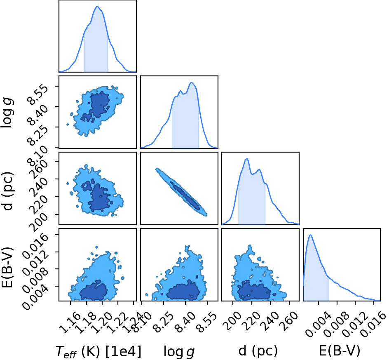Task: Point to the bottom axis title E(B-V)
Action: pos(340,351)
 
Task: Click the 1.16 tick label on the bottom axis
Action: pos(70,322)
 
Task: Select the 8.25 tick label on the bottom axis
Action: pos(164,322)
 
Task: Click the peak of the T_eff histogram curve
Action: pos(97,7)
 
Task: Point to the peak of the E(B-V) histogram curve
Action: pos(310,235)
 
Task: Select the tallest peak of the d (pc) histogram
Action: pos(246,159)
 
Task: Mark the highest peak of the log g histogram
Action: pos(191,82)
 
